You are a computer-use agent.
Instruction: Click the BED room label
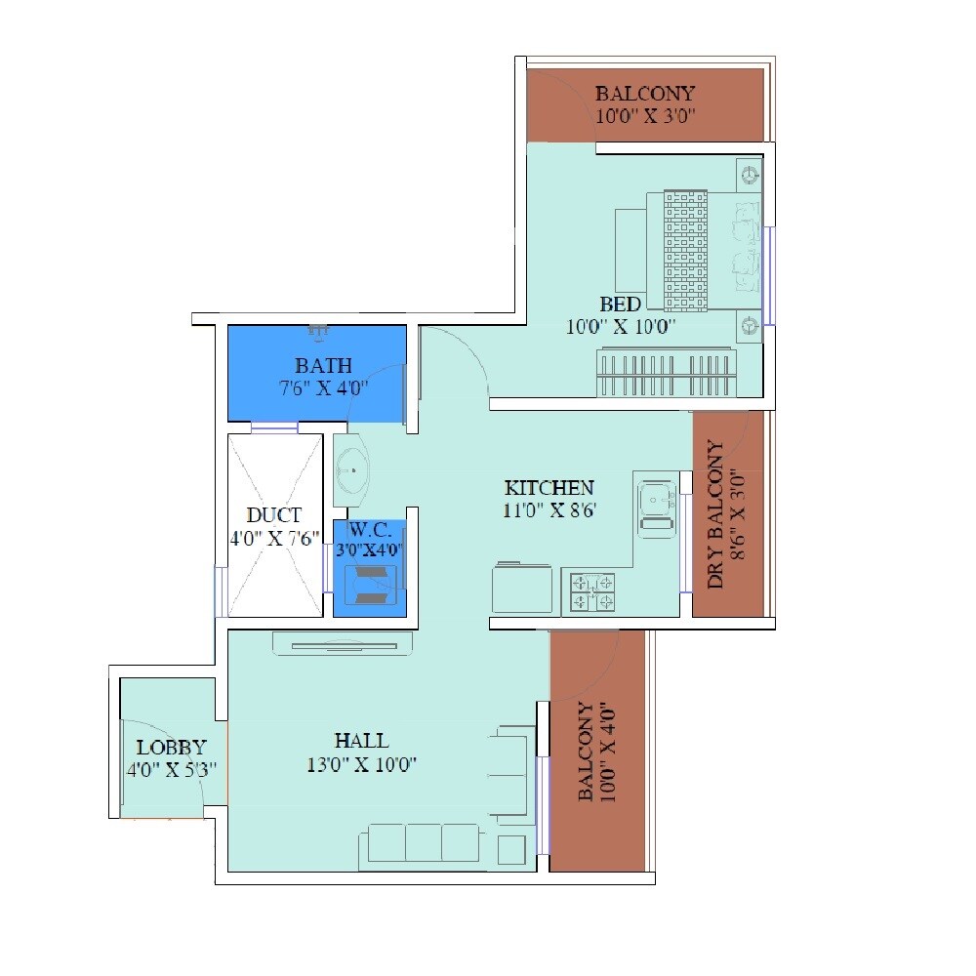[x=621, y=305]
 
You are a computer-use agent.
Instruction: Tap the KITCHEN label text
[x=549, y=487]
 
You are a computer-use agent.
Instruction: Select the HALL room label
[x=360, y=741]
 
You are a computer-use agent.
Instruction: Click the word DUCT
[x=274, y=514]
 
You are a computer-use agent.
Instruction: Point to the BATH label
[x=323, y=366]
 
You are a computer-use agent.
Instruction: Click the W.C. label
[x=369, y=530]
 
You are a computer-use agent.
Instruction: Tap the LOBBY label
[x=171, y=748]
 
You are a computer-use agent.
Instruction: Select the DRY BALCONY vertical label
[x=715, y=514]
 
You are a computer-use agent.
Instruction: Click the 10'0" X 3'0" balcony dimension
[x=645, y=114]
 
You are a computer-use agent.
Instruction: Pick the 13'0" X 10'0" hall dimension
[x=361, y=764]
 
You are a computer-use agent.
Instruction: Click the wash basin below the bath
[x=351, y=470]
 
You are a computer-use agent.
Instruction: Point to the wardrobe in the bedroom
[x=666, y=375]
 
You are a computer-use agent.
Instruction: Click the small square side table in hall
[x=511, y=849]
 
